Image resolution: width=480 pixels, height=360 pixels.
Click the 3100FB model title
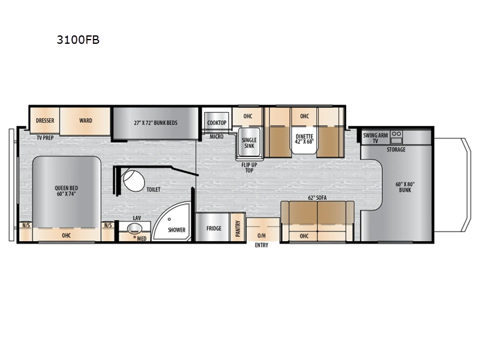pos(78,40)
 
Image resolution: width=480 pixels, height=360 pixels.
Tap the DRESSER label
pos(45,121)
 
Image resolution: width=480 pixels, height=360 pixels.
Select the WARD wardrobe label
pos(86,121)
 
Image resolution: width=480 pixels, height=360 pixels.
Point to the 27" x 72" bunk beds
pos(155,123)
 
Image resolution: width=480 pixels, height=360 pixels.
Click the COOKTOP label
pos(217,123)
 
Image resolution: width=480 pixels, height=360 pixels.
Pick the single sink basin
pos(249,143)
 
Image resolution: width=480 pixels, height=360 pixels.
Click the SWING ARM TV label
pos(376,138)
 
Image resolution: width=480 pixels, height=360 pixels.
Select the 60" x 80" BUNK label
pos(405,187)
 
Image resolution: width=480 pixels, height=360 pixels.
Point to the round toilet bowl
pos(134,181)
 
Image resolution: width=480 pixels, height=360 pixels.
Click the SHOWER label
pos(176,230)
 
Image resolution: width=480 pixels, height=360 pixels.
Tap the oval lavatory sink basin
pos(134,229)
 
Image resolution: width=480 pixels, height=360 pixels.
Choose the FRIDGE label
pos(214,229)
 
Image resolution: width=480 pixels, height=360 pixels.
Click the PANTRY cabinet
pos(238,227)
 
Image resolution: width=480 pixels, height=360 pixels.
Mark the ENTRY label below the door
pos(262,245)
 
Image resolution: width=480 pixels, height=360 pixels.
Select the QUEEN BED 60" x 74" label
pos(67,191)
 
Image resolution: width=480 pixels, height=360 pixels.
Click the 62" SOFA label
pos(317,198)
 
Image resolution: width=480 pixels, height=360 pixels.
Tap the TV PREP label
pos(46,138)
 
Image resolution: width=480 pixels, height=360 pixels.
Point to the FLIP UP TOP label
pos(249,167)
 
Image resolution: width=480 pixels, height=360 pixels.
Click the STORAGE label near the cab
pos(396,149)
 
